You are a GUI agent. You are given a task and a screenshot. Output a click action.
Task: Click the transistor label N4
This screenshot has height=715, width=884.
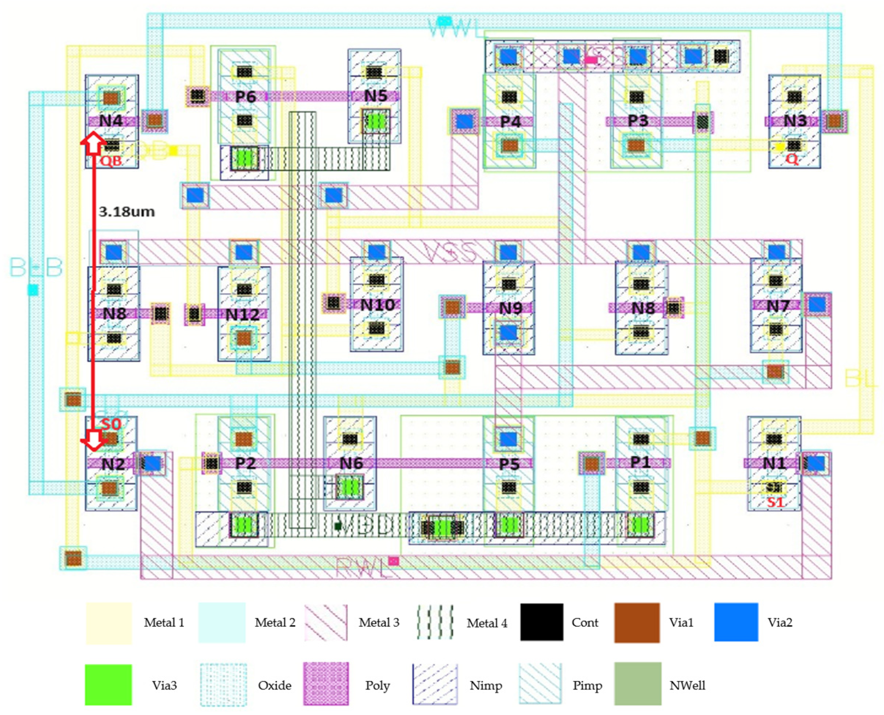pyautogui.click(x=111, y=121)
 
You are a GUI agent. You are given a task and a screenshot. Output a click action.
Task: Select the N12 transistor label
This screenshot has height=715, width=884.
pyautogui.click(x=243, y=315)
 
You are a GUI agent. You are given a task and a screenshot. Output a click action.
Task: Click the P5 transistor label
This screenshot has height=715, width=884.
pyautogui.click(x=509, y=464)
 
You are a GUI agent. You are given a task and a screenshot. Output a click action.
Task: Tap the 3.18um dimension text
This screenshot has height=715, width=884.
pyautogui.click(x=127, y=212)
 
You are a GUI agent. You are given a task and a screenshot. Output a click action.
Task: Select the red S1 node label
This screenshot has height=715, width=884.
pyautogui.click(x=775, y=502)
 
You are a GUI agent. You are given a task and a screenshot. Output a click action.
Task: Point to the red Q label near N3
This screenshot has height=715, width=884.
pyautogui.click(x=792, y=159)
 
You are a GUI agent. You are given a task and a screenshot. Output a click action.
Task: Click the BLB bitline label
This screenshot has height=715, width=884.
pyautogui.click(x=36, y=268)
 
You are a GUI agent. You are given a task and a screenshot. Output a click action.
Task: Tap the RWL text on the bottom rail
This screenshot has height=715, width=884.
pyautogui.click(x=362, y=568)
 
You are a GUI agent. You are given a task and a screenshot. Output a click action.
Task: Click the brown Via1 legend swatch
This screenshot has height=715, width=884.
pyautogui.click(x=637, y=622)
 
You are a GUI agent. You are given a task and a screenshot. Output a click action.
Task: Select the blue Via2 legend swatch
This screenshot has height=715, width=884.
pyautogui.click(x=736, y=622)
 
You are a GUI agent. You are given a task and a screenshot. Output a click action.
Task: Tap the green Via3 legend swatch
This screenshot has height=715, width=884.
pyautogui.click(x=108, y=685)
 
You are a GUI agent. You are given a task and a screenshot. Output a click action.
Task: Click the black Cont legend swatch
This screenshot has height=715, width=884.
pyautogui.click(x=541, y=622)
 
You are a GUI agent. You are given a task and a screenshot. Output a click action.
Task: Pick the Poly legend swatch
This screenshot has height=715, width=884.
pyautogui.click(x=326, y=684)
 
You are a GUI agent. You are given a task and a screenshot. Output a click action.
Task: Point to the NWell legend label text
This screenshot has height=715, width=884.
pyautogui.click(x=687, y=685)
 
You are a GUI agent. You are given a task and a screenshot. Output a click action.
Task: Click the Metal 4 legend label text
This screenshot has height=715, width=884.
pyautogui.click(x=487, y=623)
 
